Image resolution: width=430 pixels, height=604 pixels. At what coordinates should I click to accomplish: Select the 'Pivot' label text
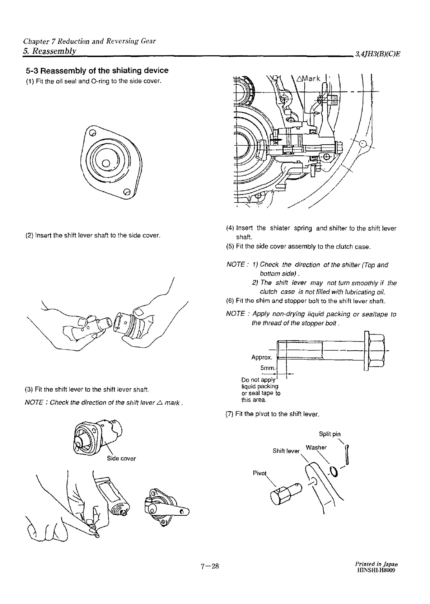(x=260, y=473)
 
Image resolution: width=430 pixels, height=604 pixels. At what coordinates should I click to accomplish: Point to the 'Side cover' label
(x=121, y=458)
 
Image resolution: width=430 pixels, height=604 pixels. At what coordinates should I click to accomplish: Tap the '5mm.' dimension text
(x=268, y=368)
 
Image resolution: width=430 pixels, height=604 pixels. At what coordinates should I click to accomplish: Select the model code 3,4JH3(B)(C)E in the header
(x=378, y=55)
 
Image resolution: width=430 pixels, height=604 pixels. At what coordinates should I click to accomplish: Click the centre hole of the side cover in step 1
(x=106, y=163)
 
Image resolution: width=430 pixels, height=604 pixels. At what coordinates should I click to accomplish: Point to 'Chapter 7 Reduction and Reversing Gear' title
(x=89, y=41)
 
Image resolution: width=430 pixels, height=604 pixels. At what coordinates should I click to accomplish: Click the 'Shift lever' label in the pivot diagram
(x=286, y=451)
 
